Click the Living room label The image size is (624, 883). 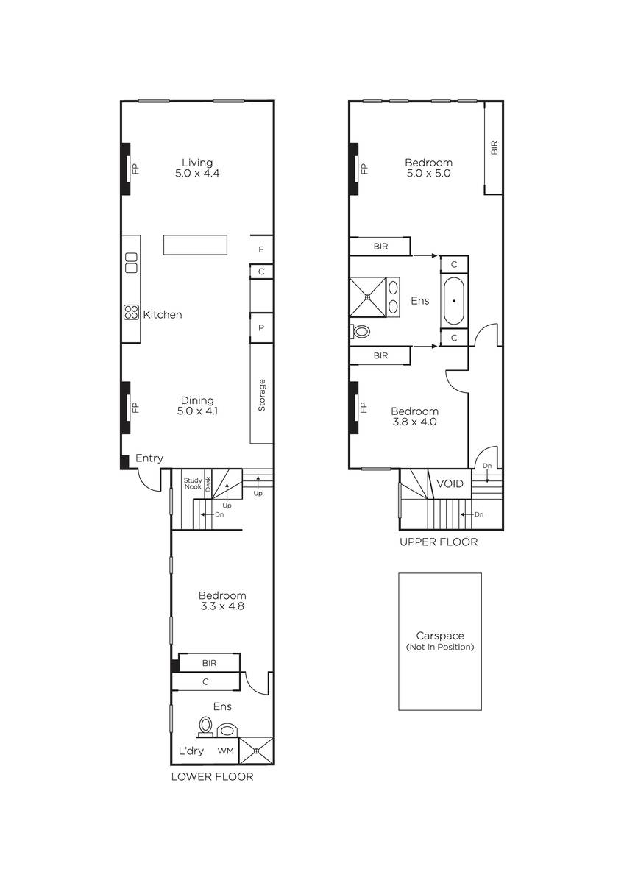click(197, 163)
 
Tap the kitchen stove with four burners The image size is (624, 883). click(131, 313)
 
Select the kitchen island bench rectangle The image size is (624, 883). click(195, 245)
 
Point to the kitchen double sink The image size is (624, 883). click(131, 263)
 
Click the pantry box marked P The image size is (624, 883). click(261, 327)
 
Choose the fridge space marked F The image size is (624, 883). click(261, 249)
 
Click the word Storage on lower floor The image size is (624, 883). click(262, 395)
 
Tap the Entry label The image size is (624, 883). click(149, 458)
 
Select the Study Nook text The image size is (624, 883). click(193, 483)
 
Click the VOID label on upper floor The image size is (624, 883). click(450, 483)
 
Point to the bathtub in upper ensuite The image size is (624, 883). click(454, 301)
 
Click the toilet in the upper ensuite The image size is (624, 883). click(360, 331)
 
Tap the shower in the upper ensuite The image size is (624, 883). click(368, 297)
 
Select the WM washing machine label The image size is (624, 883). click(225, 751)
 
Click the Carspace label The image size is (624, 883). click(440, 636)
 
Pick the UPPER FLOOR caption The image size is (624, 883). click(439, 542)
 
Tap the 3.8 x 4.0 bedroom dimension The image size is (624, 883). click(414, 422)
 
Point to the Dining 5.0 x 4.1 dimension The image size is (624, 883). click(197, 411)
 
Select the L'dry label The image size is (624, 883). click(191, 751)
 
